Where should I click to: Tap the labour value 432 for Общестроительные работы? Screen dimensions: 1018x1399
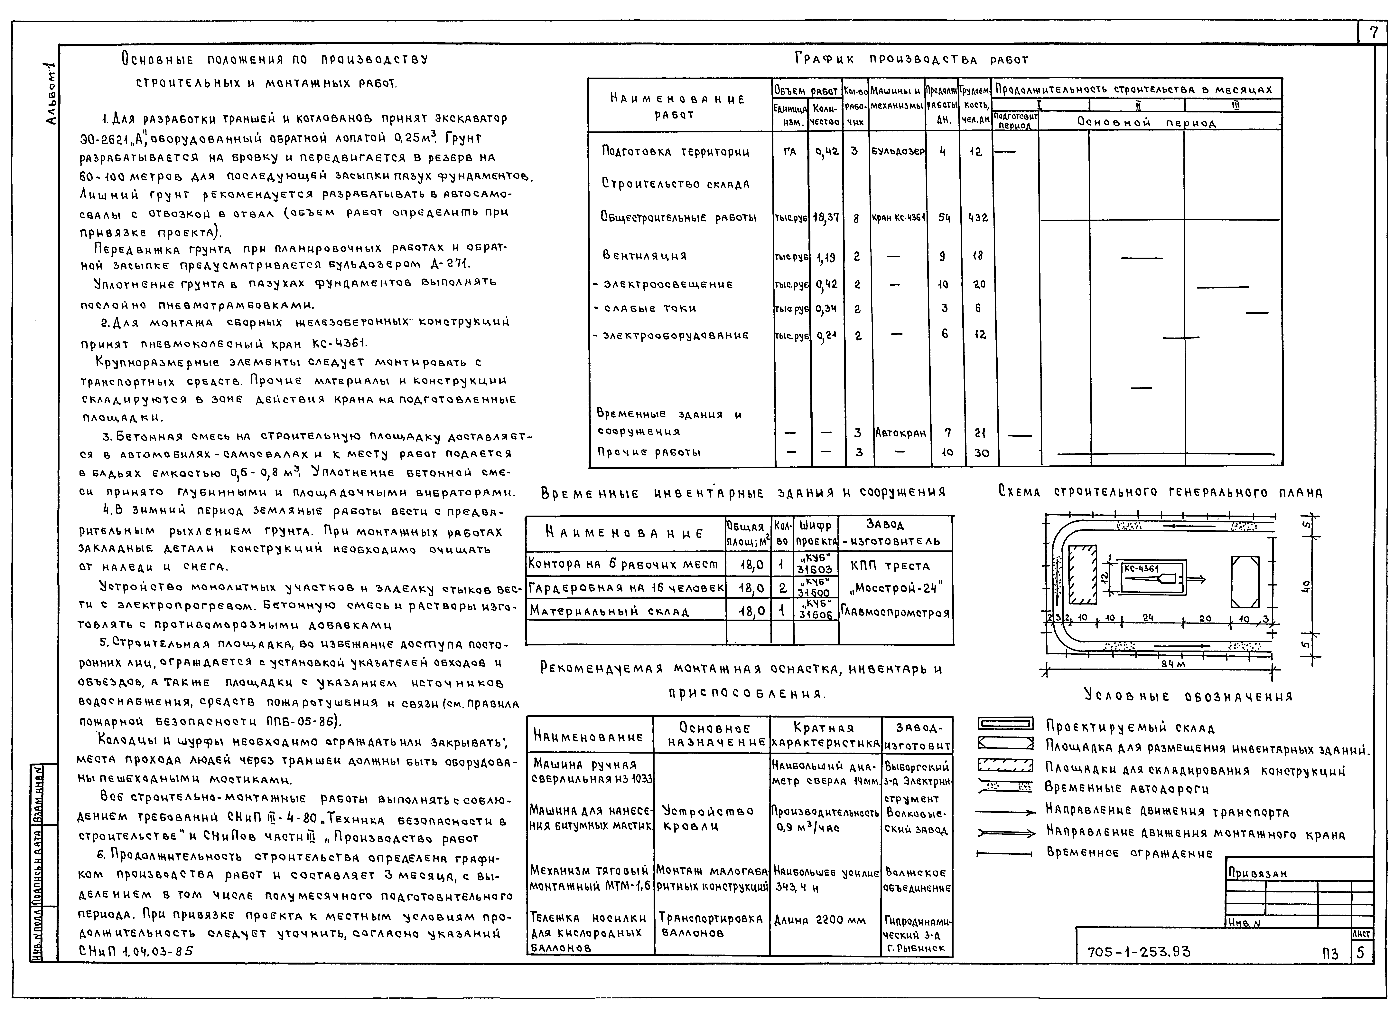978,218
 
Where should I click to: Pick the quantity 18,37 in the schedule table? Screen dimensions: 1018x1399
825,218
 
